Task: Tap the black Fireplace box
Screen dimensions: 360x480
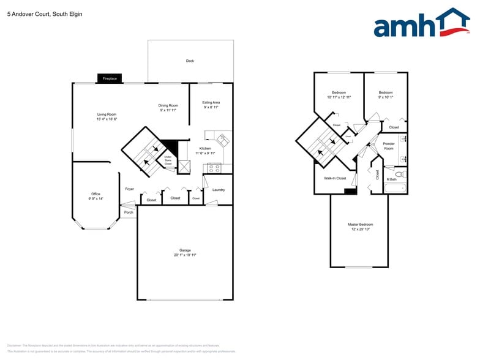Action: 110,78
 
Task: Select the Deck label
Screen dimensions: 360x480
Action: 190,61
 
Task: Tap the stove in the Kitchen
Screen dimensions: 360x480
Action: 214,167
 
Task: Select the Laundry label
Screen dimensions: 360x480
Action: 219,190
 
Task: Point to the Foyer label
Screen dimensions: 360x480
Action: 130,189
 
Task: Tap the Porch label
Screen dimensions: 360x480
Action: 129,212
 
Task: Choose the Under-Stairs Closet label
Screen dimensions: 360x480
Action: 168,160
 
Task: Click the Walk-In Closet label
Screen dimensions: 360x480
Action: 335,178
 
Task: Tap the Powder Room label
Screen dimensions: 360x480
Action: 389,146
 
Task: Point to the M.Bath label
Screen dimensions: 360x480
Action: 391,179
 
